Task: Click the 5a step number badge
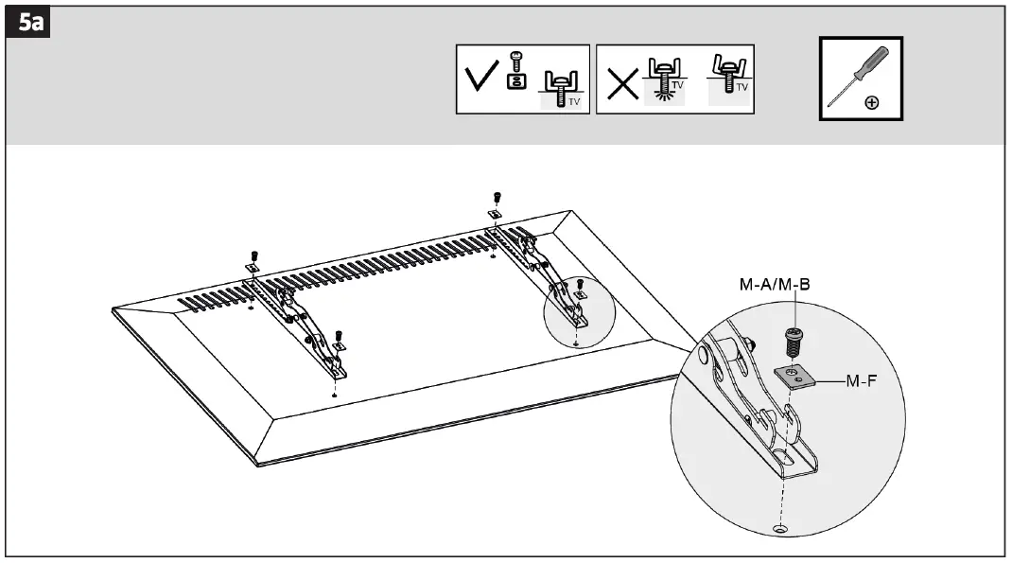(x=32, y=24)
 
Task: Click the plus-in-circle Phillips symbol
(x=872, y=103)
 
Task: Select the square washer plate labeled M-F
(x=794, y=377)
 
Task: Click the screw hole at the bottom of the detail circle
(x=780, y=528)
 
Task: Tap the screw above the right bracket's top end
(x=497, y=198)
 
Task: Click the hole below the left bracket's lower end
(x=336, y=391)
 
